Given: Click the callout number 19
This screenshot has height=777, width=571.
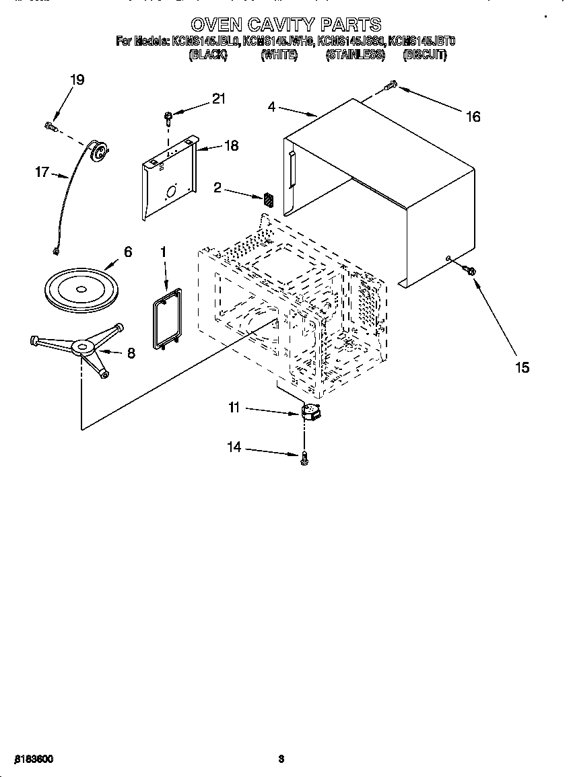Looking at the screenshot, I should point(77,80).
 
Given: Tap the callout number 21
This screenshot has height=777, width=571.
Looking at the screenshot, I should point(218,99).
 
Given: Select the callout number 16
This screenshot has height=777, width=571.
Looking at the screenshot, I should point(473,116).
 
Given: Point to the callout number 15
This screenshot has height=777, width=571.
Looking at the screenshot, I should point(522,367).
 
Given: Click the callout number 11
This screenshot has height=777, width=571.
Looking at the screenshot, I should point(234,408).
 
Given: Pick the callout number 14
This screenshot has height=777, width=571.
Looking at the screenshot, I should point(234,448).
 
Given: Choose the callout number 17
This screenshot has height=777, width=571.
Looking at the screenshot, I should point(42,172).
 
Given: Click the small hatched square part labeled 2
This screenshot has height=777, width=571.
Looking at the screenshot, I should point(269,199).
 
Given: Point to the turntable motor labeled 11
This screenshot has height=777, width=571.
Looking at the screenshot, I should point(310,412).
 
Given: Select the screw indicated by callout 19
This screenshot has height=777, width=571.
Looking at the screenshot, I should point(51,125).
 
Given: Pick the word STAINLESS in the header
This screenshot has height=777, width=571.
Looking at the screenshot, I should point(355,56).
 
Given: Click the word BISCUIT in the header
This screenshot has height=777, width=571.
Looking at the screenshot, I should point(424,56).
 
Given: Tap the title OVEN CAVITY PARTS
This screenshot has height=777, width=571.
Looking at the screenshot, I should point(285,26).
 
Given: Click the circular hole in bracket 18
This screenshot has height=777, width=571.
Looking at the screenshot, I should point(170,192).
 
